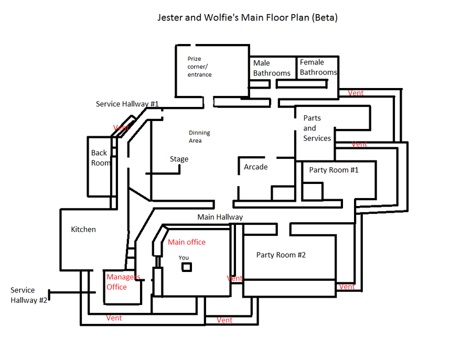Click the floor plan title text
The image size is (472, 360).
(248, 17)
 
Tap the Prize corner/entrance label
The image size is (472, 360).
(199, 67)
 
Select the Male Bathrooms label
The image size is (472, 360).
(272, 68)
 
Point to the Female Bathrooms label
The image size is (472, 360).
(318, 68)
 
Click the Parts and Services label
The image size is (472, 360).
(317, 128)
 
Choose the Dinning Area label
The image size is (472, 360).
(199, 137)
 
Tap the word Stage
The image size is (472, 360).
(179, 159)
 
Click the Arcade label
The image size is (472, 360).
(255, 167)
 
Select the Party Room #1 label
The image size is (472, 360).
(334, 170)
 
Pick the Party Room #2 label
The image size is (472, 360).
(281, 255)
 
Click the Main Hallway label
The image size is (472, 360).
(220, 217)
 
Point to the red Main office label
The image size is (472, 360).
(187, 242)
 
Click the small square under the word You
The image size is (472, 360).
(187, 267)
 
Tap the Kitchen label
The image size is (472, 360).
(83, 230)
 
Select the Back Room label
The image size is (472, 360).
(101, 158)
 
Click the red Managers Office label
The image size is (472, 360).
(123, 282)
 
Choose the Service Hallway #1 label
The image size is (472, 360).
(127, 104)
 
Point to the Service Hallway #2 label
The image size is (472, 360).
(29, 295)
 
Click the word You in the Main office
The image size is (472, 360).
(184, 258)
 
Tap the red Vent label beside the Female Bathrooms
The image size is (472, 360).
(356, 93)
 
